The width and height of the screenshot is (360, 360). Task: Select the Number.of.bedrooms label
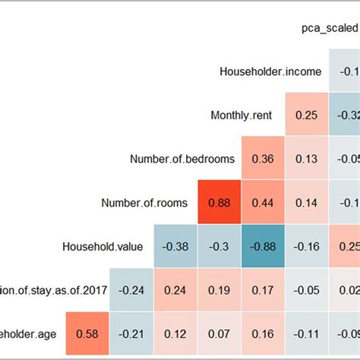(182, 159)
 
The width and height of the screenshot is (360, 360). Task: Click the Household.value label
(103, 246)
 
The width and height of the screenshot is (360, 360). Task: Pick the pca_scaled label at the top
(328, 29)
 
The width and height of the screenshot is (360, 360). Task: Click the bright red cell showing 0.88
(219, 203)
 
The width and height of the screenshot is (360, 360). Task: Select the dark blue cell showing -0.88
(263, 246)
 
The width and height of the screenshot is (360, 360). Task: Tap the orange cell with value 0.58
(88, 333)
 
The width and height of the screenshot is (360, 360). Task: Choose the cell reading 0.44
(263, 203)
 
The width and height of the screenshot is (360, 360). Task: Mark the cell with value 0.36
(263, 159)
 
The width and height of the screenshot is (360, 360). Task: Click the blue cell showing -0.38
(175, 246)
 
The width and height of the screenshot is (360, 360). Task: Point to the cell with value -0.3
(219, 246)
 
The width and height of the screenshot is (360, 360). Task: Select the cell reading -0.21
(132, 333)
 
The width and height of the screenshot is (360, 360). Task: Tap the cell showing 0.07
(219, 333)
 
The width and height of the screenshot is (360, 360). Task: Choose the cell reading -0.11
(307, 333)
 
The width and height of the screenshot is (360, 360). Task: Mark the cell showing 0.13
(307, 159)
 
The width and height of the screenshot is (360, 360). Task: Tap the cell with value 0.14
(307, 203)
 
